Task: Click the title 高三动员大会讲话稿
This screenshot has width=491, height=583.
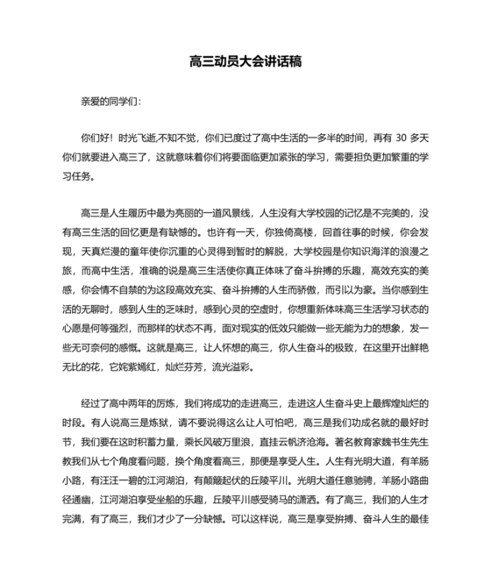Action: [x=245, y=62]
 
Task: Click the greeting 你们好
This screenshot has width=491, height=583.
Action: [x=93, y=139]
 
